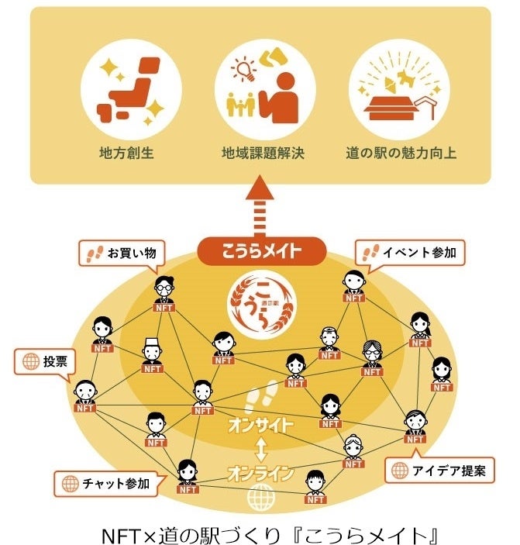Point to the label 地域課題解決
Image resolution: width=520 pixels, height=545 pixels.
[262, 153]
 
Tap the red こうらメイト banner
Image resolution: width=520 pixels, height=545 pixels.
[261, 250]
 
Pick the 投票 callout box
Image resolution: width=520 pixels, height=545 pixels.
[46, 361]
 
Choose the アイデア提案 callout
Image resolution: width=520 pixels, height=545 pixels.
[439, 470]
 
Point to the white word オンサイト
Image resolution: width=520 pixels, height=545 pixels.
[260, 425]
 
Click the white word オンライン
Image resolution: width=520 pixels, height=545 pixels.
[260, 472]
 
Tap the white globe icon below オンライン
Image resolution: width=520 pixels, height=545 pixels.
[260, 498]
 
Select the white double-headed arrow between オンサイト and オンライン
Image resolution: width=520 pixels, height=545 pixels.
[261, 448]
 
